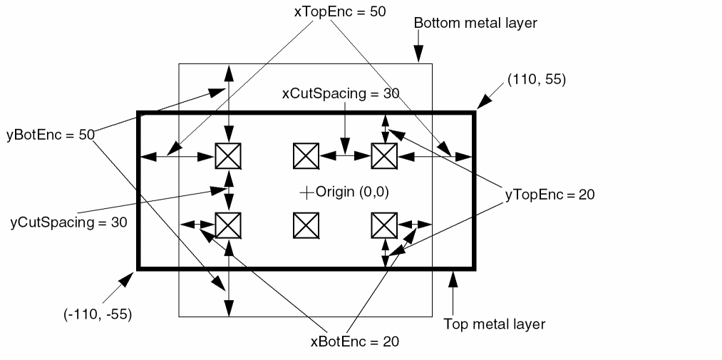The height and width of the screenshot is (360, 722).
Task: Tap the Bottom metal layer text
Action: [475, 23]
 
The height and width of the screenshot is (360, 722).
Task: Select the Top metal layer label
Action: [494, 324]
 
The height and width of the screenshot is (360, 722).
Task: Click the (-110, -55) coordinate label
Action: [97, 313]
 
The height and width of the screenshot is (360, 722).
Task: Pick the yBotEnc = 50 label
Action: [50, 135]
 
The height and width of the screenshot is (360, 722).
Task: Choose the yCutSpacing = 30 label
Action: [68, 222]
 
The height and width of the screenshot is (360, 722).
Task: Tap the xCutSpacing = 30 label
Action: [341, 93]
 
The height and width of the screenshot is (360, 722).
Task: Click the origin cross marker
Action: [306, 192]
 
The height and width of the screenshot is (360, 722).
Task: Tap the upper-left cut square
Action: [228, 155]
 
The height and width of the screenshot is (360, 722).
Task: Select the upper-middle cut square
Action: [306, 155]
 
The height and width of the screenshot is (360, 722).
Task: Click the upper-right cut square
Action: [384, 155]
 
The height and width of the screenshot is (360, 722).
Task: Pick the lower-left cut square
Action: [228, 225]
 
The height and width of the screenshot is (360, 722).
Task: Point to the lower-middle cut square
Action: [306, 225]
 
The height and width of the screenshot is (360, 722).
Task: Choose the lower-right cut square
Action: [384, 225]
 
